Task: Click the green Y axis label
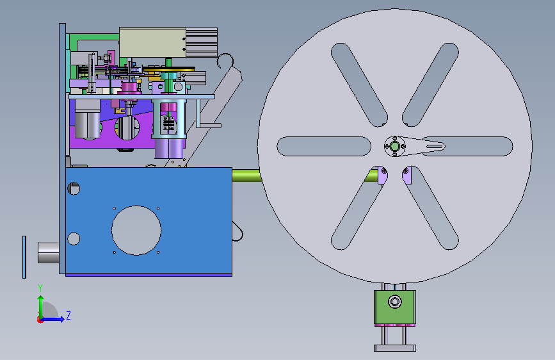(x=40, y=288)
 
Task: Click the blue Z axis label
(x=68, y=315)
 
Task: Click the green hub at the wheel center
(x=395, y=146)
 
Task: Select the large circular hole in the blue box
(x=136, y=230)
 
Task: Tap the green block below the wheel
(x=395, y=307)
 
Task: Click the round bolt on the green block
(x=395, y=302)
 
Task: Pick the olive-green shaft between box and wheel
(x=246, y=176)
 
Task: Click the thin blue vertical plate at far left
(x=24, y=257)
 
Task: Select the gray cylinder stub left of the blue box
(x=49, y=252)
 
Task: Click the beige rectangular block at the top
(x=152, y=42)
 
